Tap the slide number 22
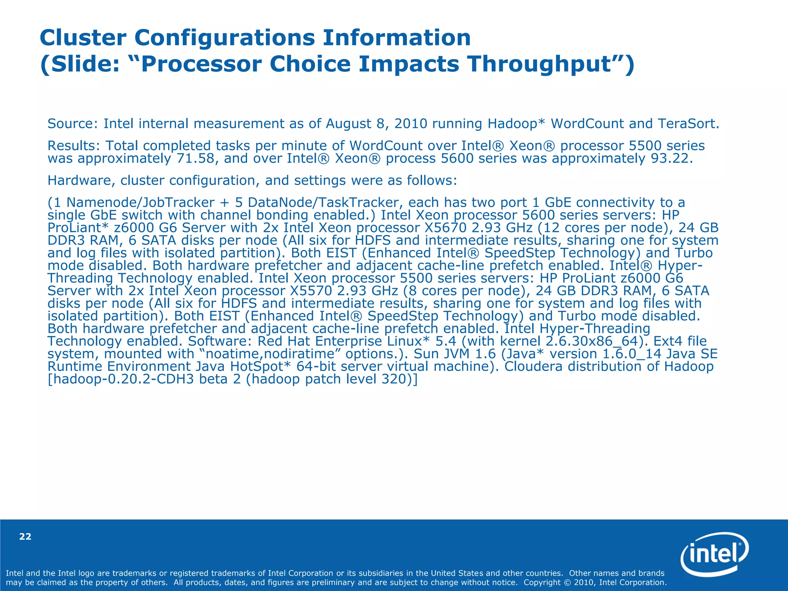(25, 537)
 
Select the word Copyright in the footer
(542, 583)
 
